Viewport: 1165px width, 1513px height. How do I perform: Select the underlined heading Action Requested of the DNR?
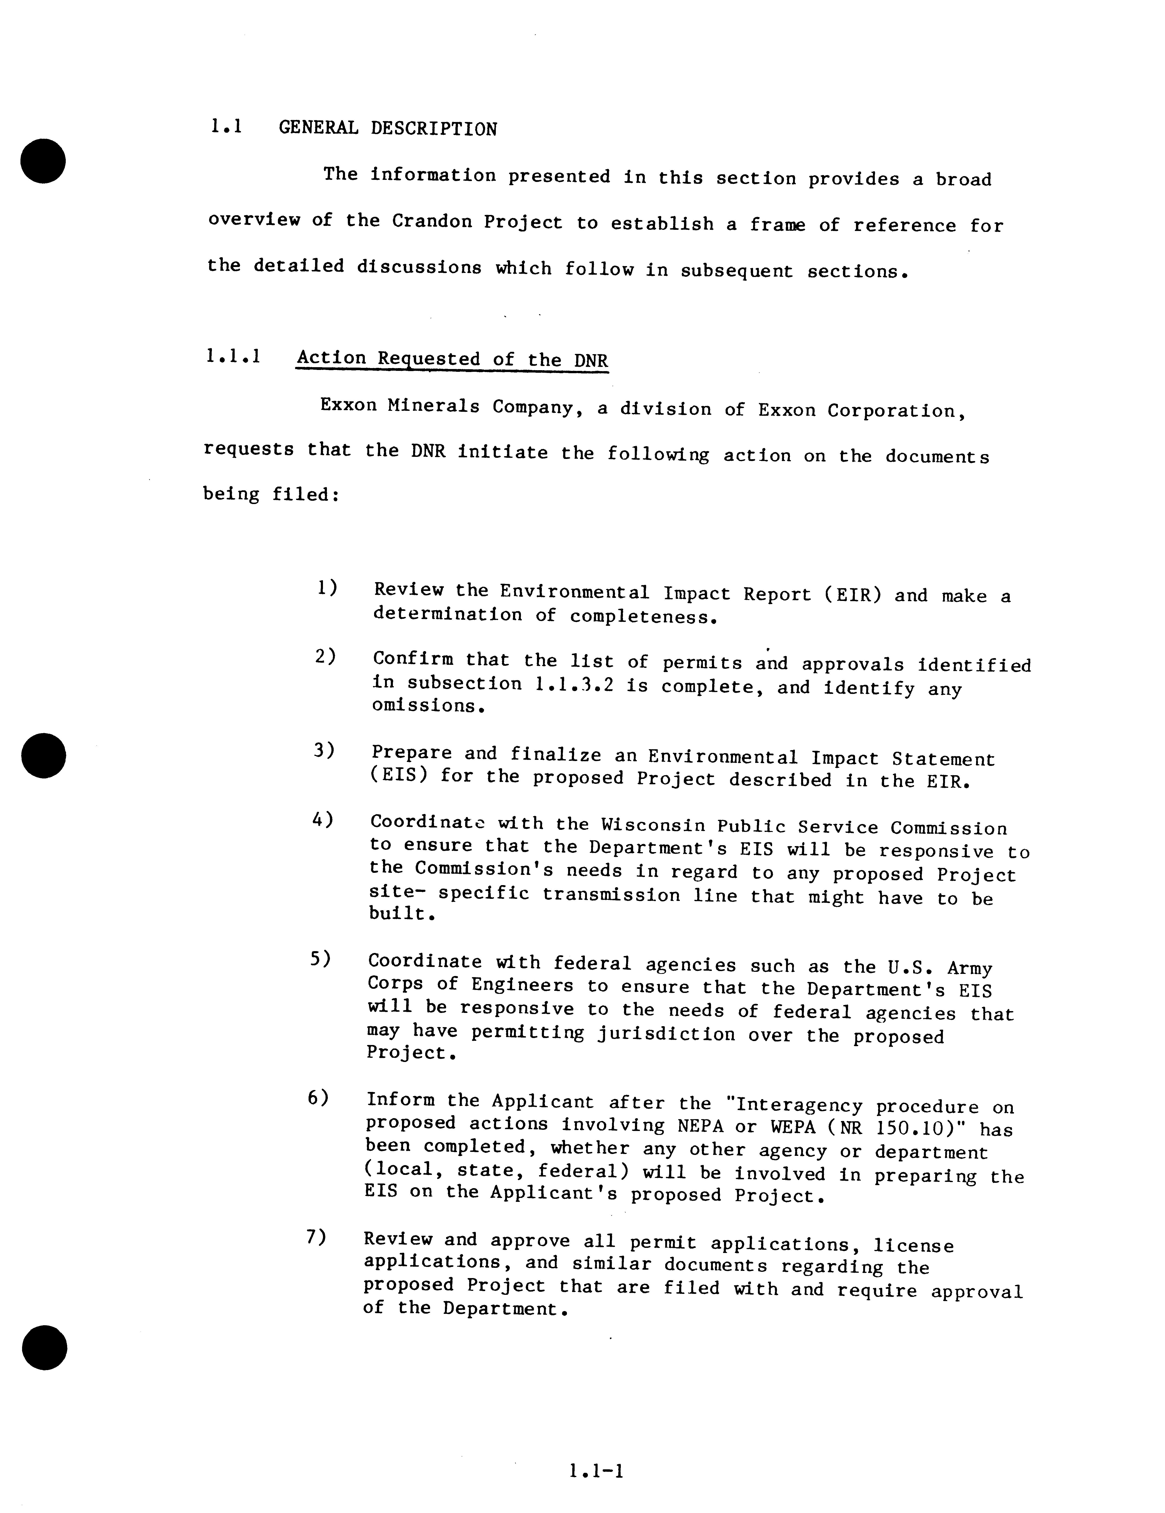452,359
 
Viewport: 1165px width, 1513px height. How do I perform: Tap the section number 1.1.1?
233,357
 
